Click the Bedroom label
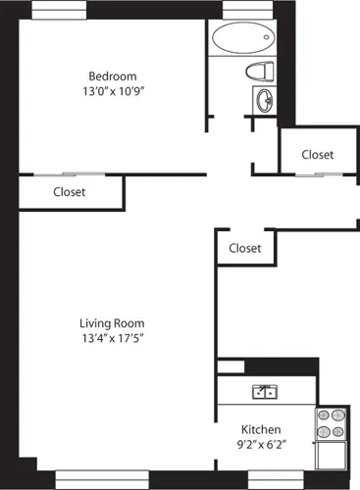point(113,76)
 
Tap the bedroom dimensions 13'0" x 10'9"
point(113,93)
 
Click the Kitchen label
point(262,429)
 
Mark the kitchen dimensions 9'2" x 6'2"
point(262,446)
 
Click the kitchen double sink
point(264,393)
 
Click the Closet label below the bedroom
point(69,192)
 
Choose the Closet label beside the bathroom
point(317,155)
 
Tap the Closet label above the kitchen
point(244,248)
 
